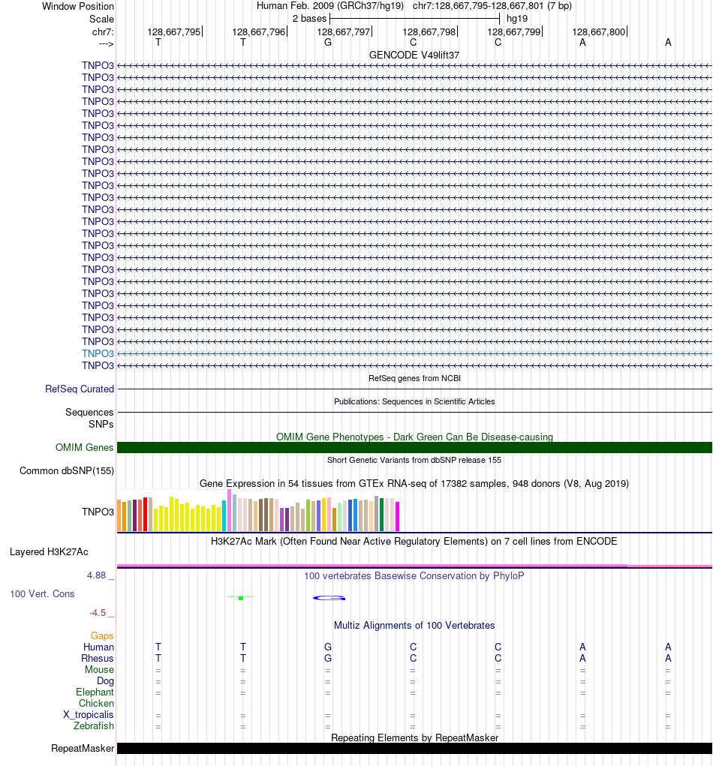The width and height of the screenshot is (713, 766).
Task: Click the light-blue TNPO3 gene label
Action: (x=98, y=353)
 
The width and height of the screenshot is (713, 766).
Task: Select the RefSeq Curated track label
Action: (x=80, y=389)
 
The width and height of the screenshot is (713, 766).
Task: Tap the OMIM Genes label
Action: (x=85, y=448)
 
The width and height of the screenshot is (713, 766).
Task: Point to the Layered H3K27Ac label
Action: (x=49, y=552)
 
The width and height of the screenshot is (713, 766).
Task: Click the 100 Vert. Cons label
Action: (x=42, y=594)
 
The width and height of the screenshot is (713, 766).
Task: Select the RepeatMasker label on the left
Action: (x=83, y=749)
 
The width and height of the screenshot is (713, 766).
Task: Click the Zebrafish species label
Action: (x=94, y=726)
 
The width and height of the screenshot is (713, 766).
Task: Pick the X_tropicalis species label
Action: (x=89, y=715)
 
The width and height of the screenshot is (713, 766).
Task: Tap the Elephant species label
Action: (x=95, y=692)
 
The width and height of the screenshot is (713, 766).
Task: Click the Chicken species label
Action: (x=96, y=704)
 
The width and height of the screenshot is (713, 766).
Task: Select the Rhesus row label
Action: (x=98, y=659)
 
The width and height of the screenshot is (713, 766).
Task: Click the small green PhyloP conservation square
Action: (x=240, y=598)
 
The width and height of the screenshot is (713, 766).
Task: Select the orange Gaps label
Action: (x=102, y=636)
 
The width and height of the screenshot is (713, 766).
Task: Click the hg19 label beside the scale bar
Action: (x=516, y=18)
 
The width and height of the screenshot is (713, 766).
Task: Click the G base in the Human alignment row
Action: (x=328, y=647)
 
